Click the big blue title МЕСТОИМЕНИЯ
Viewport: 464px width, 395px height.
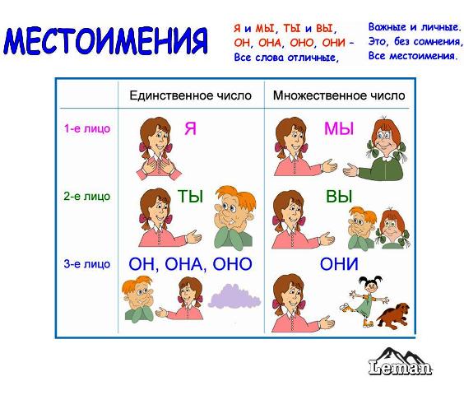105,41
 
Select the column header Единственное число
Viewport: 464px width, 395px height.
191,95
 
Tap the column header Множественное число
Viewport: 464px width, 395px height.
339,95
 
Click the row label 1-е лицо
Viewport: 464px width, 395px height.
87,128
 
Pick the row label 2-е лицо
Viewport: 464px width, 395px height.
87,196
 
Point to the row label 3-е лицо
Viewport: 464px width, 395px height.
87,264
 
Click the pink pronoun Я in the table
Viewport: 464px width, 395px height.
190,129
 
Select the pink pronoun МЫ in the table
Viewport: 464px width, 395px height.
339,129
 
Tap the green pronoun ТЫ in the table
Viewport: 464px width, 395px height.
190,197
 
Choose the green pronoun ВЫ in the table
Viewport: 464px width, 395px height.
339,197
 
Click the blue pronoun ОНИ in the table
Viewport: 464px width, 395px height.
339,264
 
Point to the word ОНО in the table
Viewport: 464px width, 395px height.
232,264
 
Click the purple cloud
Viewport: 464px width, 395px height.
234,296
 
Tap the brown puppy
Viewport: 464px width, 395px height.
393,316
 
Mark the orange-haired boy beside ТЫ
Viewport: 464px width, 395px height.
234,216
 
